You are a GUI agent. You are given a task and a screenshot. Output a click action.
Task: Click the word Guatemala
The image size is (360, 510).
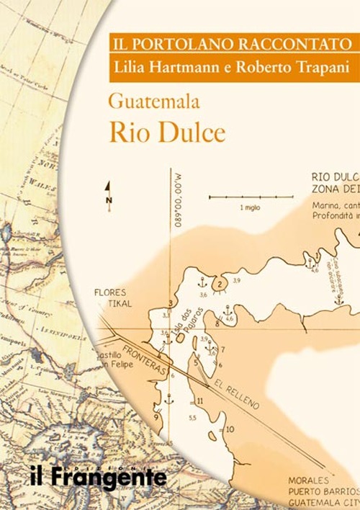pyautogui.click(x=153, y=100)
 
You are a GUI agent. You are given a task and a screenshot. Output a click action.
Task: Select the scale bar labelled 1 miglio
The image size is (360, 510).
pyautogui.click(x=251, y=197)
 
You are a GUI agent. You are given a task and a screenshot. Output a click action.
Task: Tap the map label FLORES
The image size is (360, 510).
pyautogui.click(x=109, y=292)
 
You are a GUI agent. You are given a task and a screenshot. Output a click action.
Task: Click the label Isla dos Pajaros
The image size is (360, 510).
pyautogui.click(x=189, y=322)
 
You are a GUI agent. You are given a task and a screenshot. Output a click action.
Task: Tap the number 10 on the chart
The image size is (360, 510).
pyautogui.click(x=230, y=429)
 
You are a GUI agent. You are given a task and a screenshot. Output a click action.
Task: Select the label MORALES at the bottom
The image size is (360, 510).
pyautogui.click(x=308, y=480)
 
